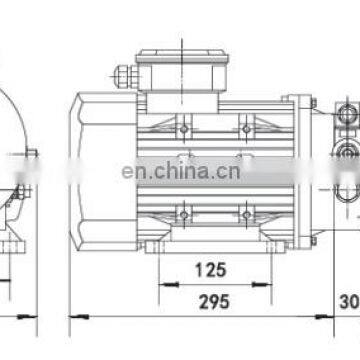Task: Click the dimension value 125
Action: pyautogui.click(x=210, y=270)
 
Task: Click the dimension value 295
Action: pyautogui.click(x=211, y=301)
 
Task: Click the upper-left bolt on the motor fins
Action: pyautogui.click(x=183, y=128)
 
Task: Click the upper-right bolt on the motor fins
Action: pyautogui.click(x=246, y=128)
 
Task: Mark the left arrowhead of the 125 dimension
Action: pyautogui.click(x=160, y=283)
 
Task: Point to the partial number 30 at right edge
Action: pyautogui.click(x=349, y=301)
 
